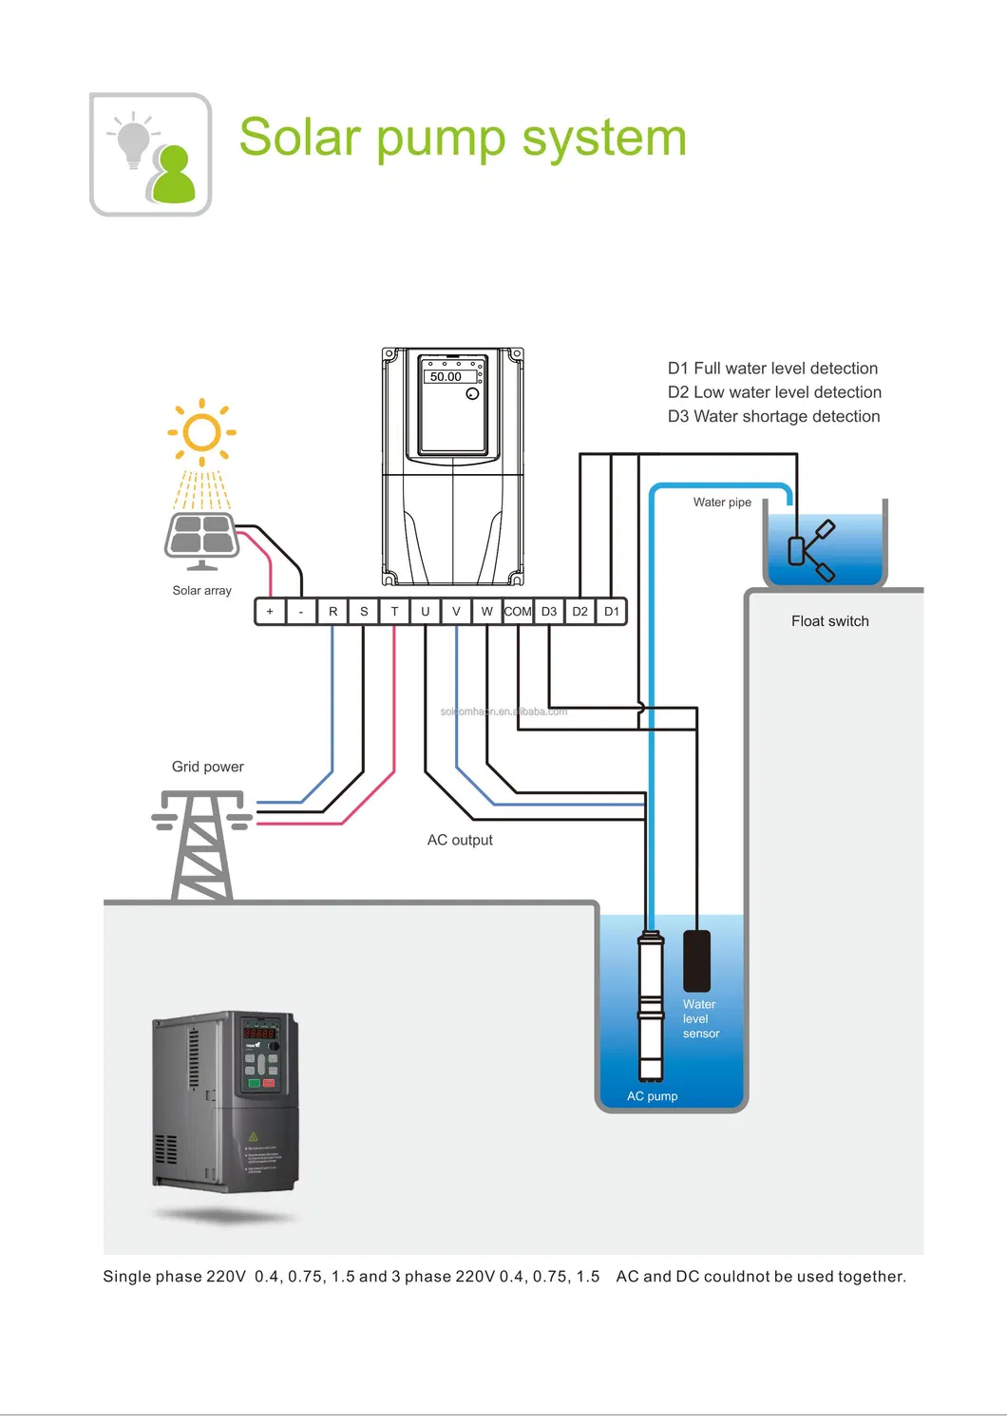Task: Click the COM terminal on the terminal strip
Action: coord(518,612)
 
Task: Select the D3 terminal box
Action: coord(549,612)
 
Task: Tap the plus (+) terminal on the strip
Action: coord(270,612)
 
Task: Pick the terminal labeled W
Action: coord(486,612)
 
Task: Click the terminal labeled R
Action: coord(332,612)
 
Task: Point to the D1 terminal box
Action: coord(612,612)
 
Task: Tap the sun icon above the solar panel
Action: coord(201,432)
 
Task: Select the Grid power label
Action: coord(207,767)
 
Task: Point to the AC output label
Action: coord(460,840)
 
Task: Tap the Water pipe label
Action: coord(722,503)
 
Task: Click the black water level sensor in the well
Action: coord(696,959)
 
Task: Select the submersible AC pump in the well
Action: coord(651,1007)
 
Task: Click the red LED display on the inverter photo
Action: coord(259,1032)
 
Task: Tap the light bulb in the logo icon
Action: coord(133,142)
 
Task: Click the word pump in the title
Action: coord(442,139)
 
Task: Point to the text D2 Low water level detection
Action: coord(774,392)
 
